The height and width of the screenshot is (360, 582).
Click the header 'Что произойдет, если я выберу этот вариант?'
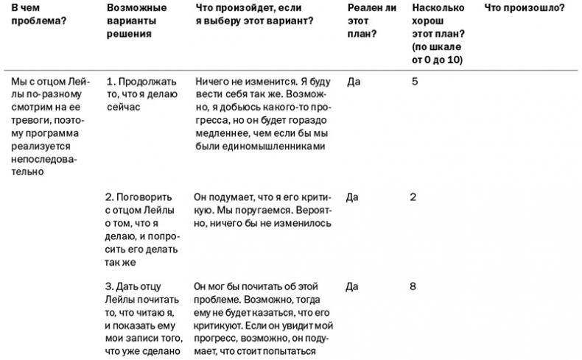255,14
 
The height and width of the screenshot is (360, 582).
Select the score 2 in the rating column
413,197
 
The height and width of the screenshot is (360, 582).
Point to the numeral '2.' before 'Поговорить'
111,197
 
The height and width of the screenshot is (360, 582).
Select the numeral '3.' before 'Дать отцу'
111,286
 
